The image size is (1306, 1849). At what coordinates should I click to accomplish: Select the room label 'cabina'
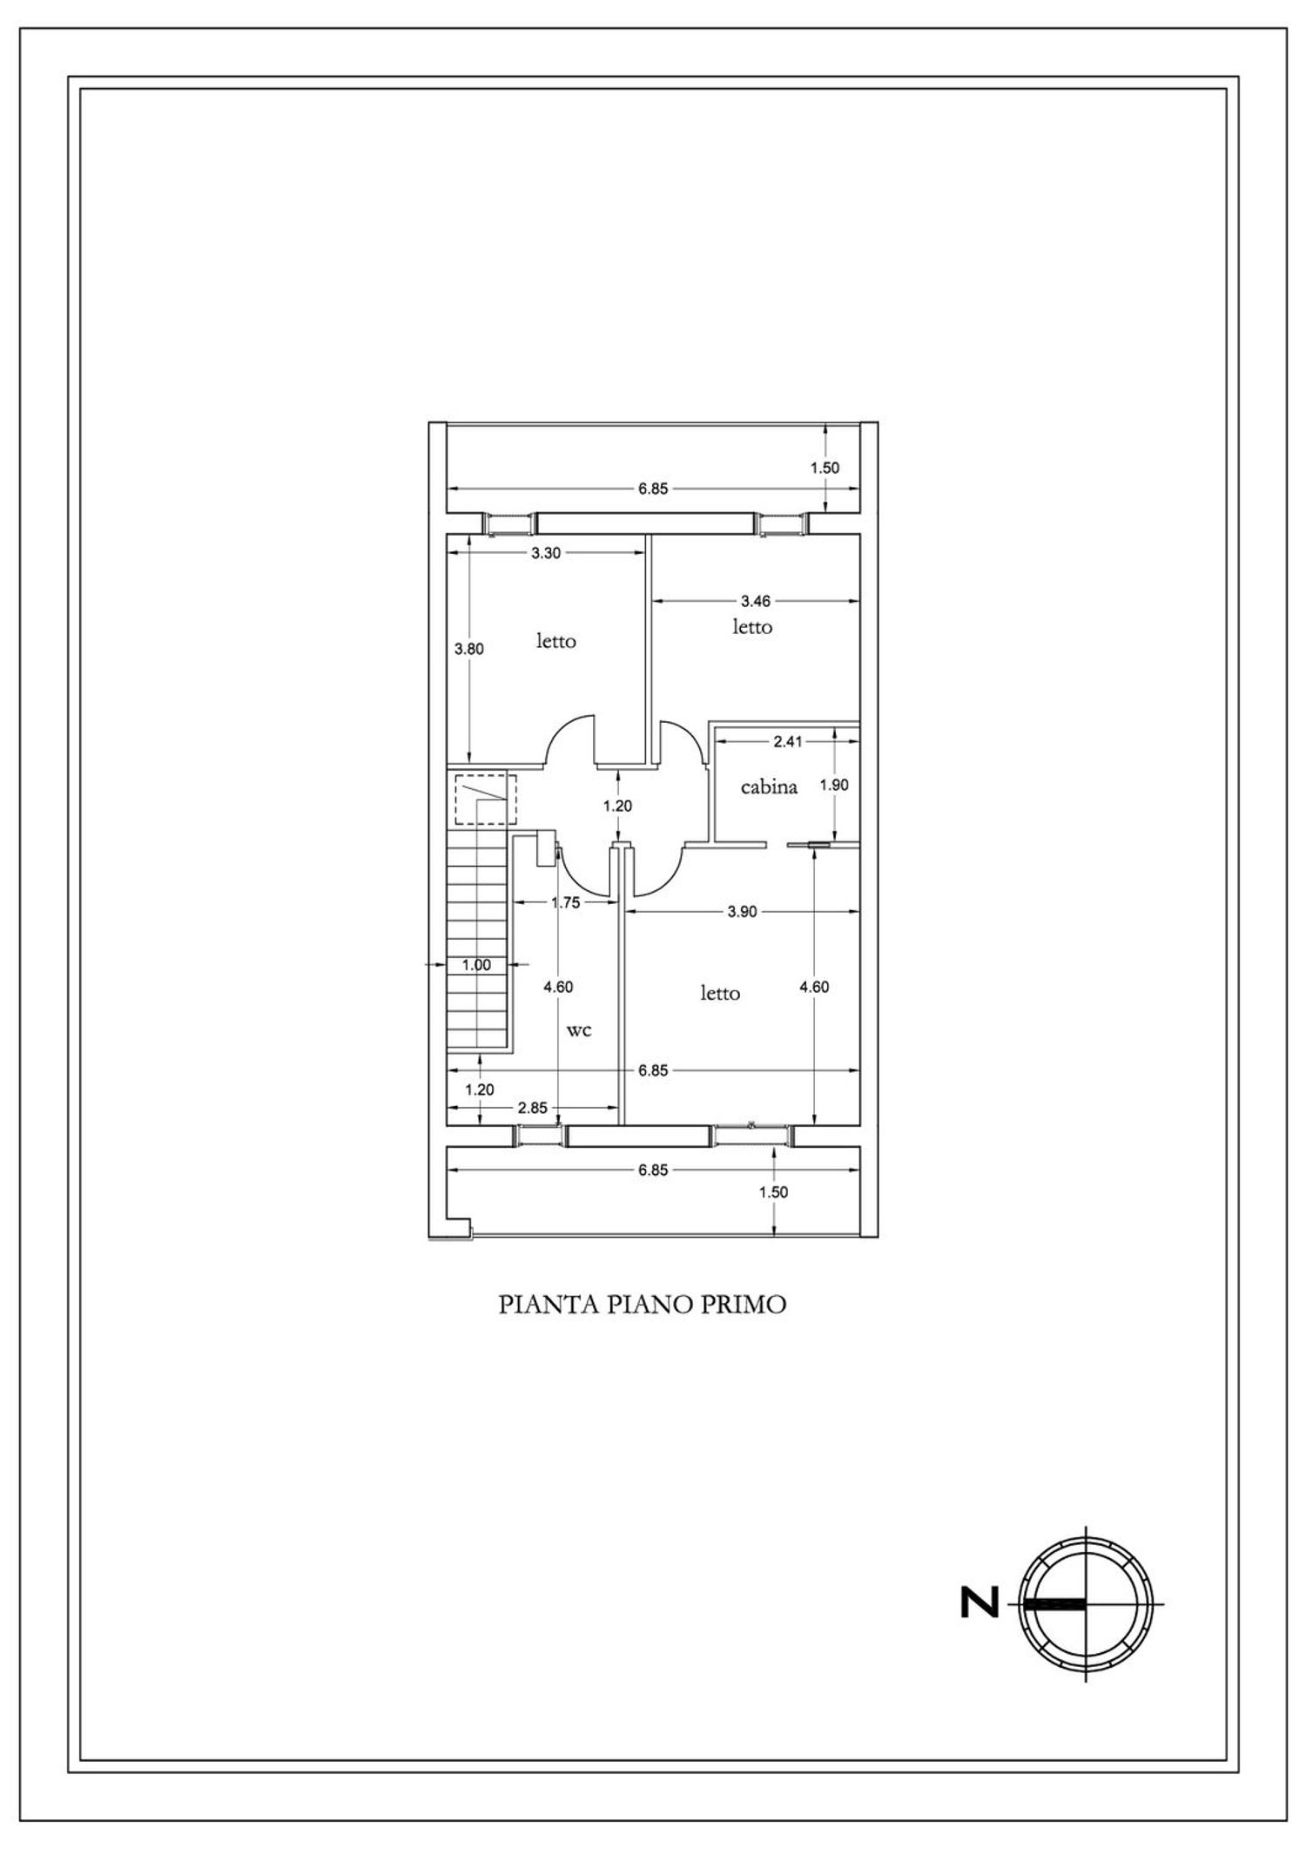coord(769,786)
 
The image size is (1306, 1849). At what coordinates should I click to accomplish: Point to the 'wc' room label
coord(579,1030)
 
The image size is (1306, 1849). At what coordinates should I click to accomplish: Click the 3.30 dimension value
coord(546,553)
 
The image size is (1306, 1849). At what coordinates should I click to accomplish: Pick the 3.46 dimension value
coord(755,600)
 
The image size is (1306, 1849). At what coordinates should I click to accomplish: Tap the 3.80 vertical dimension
coord(469,649)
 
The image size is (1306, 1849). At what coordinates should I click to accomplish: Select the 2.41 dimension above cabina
coord(787,742)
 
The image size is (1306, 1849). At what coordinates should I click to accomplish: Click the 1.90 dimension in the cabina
coord(834,785)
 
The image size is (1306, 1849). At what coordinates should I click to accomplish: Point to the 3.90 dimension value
coord(742,912)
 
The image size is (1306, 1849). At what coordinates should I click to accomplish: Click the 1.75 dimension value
coord(565,903)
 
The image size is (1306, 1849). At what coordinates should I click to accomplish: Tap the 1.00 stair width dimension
coord(476,965)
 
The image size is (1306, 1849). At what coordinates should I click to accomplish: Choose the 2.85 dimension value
coord(532,1108)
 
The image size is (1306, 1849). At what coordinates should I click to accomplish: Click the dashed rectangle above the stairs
coord(485,799)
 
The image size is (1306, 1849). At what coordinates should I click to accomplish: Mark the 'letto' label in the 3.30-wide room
coord(555,642)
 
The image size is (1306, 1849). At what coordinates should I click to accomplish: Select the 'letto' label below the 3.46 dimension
coord(751,627)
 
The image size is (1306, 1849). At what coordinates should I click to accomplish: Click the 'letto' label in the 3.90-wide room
coord(720,993)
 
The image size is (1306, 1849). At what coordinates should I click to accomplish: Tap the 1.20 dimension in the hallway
coord(617,806)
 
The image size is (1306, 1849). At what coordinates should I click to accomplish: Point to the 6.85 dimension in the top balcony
coord(652,489)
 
